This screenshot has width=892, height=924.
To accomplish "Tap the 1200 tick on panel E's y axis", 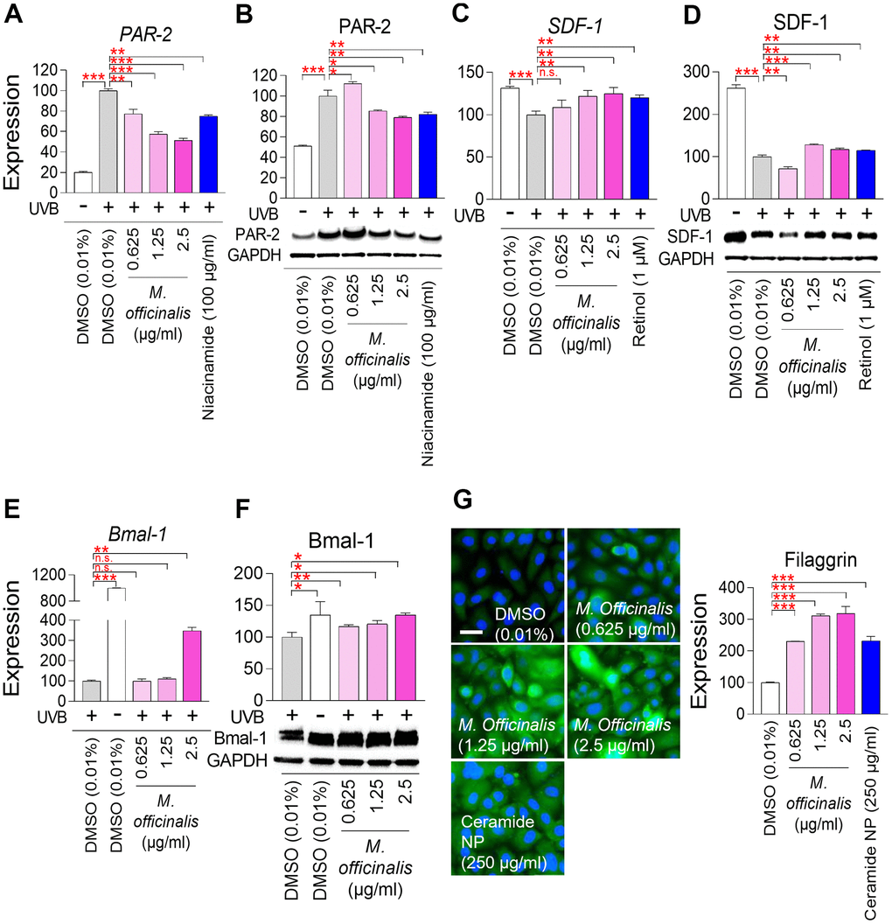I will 49,574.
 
